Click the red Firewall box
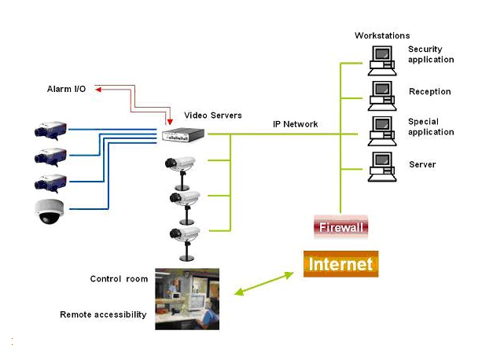tap(341, 228)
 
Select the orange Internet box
tap(341, 264)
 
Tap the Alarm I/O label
tap(66, 90)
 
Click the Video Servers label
tap(213, 116)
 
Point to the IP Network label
tap(295, 124)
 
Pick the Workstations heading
tap(382, 35)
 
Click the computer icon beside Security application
tap(381, 57)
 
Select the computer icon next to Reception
tap(381, 92)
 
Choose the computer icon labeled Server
tap(381, 166)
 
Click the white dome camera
tap(49, 211)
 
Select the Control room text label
tap(116, 279)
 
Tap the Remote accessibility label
tap(103, 314)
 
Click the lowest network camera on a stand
tap(185, 236)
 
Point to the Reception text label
tap(429, 92)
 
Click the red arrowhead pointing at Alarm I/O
tap(99, 90)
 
